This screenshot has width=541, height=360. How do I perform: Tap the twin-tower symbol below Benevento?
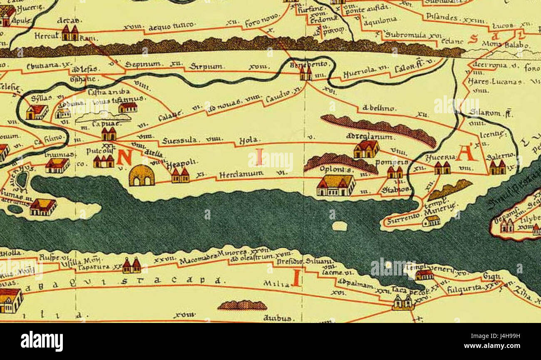306,74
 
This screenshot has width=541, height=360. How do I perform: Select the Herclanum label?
236,174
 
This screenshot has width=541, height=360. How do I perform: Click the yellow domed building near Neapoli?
141,176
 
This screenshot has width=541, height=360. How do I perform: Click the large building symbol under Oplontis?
336,185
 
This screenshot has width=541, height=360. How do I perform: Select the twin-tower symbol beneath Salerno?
497,167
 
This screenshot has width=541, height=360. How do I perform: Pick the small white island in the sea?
340,226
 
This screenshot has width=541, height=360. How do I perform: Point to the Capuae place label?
107,124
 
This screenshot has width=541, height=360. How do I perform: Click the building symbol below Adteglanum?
366,149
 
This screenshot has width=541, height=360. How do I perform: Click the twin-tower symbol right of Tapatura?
132,266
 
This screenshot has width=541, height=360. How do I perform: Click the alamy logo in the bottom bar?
42,341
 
